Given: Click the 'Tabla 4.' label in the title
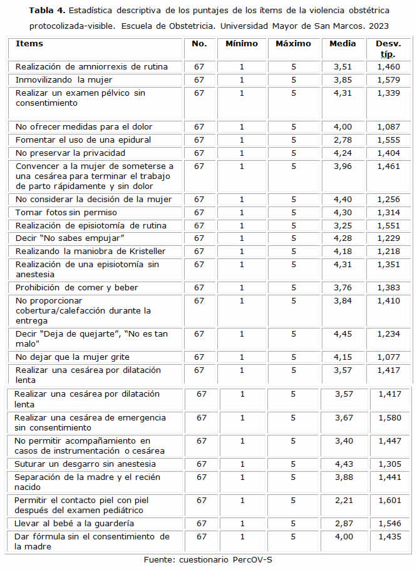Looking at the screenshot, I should (x=46, y=11).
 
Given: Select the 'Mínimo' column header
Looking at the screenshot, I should (x=240, y=44).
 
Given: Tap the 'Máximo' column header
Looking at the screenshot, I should (x=293, y=44).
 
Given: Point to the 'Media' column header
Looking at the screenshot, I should (x=342, y=44).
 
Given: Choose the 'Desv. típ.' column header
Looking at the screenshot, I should (x=388, y=49).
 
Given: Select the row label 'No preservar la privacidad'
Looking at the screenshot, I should (x=70, y=153).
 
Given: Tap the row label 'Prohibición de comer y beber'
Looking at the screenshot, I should (x=77, y=288).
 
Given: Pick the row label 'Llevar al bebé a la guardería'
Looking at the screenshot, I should (x=75, y=523).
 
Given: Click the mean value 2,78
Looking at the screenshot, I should (x=342, y=140).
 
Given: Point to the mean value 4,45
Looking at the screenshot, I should (x=342, y=334).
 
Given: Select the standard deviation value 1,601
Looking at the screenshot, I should (x=389, y=501).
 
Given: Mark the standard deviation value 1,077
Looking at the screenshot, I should (x=388, y=357).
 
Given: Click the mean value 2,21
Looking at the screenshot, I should (x=342, y=501).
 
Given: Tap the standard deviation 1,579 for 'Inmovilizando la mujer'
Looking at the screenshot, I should (x=388, y=80).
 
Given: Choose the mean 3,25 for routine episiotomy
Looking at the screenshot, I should (x=342, y=225).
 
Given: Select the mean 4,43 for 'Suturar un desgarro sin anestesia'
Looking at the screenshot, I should (x=342, y=464).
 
